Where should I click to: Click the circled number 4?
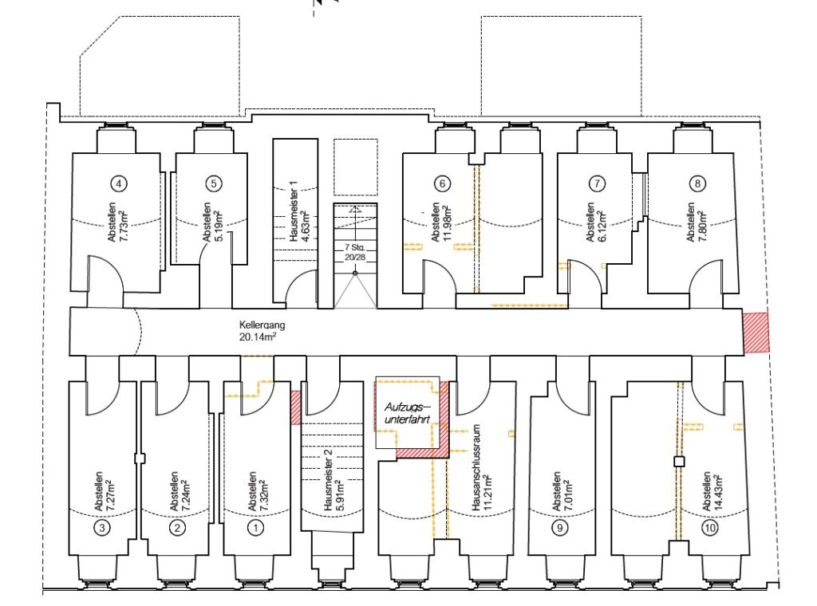tap(120, 183)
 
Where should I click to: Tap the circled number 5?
tap(214, 183)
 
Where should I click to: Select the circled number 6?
tap(442, 183)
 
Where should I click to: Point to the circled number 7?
tap(597, 183)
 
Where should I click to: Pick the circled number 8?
tap(697, 183)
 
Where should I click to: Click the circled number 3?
tap(102, 528)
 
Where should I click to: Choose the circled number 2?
tap(178, 528)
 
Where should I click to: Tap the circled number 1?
tap(255, 528)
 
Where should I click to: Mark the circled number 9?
tap(559, 528)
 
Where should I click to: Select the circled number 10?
tap(709, 528)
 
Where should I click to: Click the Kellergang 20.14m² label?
tap(262, 331)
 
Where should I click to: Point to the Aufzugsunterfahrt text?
tap(408, 412)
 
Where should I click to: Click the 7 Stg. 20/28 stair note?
tap(355, 253)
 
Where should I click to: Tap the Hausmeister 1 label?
tap(294, 211)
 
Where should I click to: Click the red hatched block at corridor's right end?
tap(756, 333)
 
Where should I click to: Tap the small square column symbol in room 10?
tap(679, 461)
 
